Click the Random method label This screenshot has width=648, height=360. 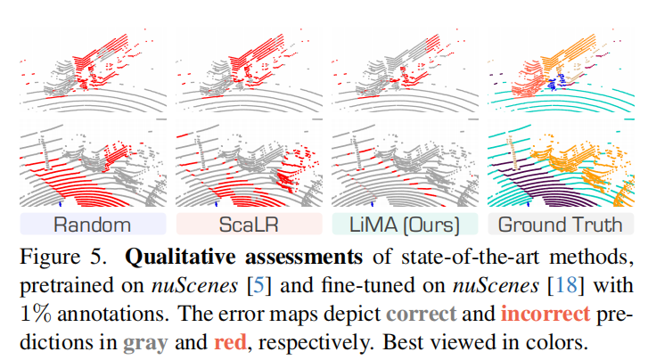(x=92, y=223)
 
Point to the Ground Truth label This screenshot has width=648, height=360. (x=559, y=223)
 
